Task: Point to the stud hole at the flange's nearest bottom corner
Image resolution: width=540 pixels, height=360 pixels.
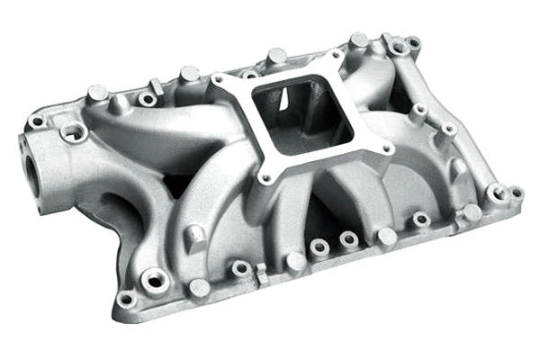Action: [267, 179]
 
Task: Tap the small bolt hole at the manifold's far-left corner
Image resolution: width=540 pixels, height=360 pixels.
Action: [37, 121]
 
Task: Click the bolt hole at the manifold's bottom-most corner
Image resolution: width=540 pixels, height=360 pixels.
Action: [126, 299]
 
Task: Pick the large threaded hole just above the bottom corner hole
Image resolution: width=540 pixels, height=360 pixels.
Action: [154, 281]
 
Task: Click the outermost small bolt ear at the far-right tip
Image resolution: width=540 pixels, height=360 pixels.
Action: [517, 192]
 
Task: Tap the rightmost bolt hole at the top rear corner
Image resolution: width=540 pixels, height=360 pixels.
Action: [413, 42]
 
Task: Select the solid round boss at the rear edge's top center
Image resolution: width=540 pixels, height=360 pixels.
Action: [277, 56]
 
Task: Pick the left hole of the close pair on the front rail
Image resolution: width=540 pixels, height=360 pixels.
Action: [319, 246]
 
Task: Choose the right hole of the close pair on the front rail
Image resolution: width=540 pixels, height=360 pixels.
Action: [348, 239]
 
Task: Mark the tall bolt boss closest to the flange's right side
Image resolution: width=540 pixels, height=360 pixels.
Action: [418, 112]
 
